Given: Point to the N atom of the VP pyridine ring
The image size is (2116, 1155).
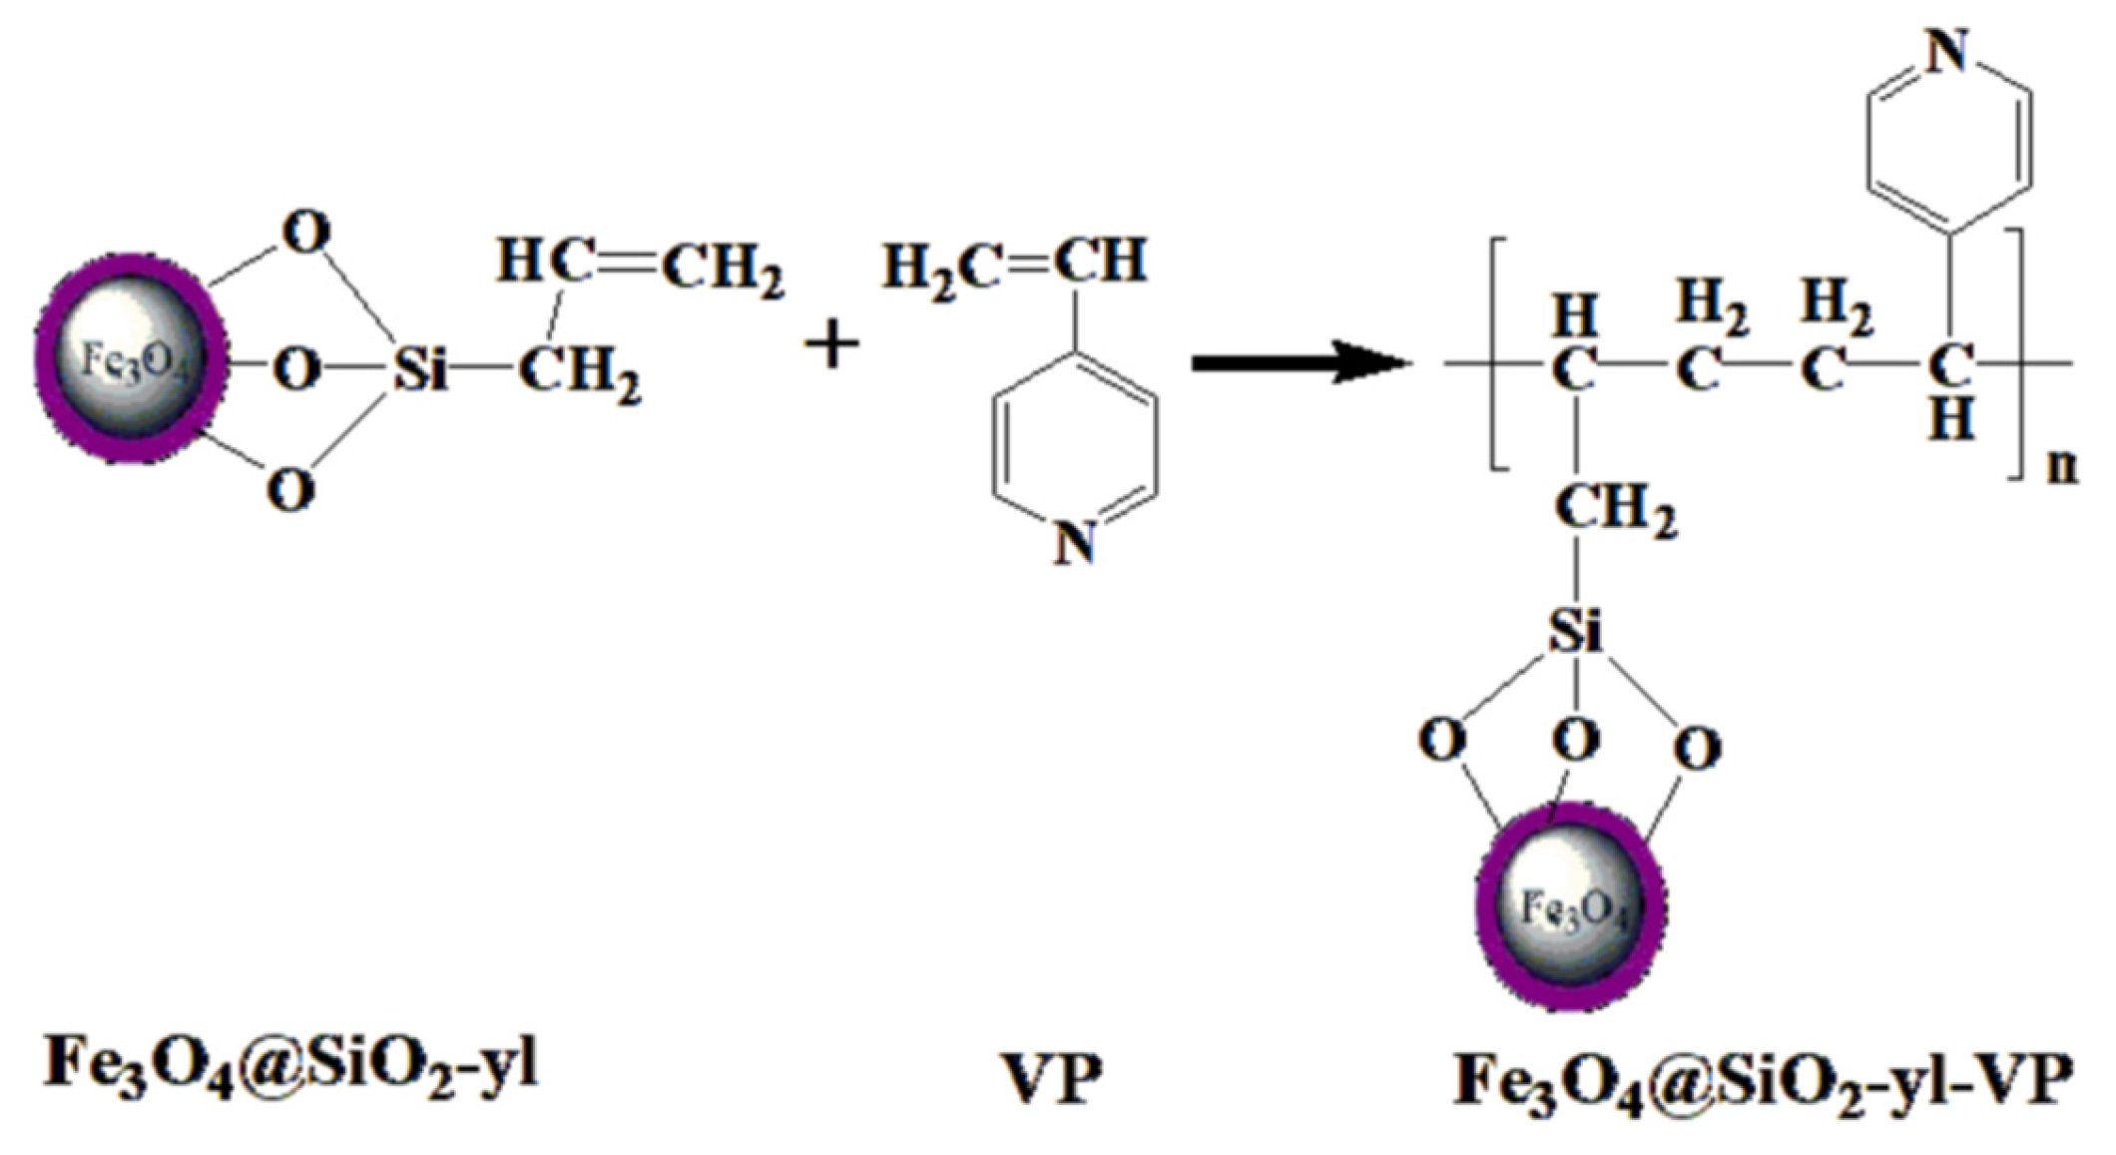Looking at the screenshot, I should coord(1075,545).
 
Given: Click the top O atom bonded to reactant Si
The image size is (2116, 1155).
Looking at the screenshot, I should coord(306,233).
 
